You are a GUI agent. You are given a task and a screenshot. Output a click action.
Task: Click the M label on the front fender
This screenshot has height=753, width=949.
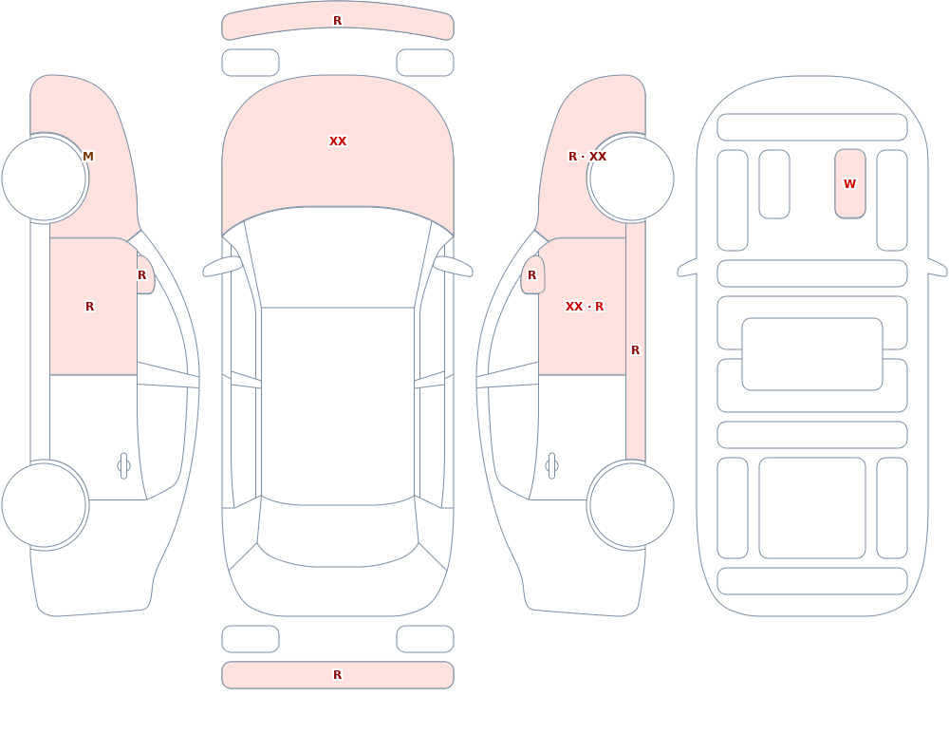[87, 157]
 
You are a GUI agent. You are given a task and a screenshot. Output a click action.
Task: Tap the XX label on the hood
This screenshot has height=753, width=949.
[338, 141]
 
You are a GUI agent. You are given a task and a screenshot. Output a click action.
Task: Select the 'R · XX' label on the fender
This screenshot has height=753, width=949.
[587, 157]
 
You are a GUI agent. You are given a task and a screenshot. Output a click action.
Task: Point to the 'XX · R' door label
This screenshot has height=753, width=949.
[584, 307]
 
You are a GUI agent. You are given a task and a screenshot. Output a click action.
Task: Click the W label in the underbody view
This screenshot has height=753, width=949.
[849, 183]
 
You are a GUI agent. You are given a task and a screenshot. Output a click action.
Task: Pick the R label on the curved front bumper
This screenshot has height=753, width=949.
[338, 21]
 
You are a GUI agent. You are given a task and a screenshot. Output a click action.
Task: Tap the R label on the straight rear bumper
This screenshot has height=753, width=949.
[338, 675]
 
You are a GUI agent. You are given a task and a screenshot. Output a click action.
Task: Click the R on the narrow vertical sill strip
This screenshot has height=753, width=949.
[636, 350]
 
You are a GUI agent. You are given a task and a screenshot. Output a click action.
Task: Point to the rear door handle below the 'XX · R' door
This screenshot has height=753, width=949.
[551, 466]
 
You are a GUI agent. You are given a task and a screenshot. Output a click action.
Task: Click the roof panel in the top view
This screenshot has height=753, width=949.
[338, 405]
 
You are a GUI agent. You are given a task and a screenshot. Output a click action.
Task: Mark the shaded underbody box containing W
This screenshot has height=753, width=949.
[849, 183]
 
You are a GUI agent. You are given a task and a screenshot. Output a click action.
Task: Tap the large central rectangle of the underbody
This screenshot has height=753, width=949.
[812, 354]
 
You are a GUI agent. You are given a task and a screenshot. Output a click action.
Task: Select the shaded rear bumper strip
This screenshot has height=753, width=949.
[338, 675]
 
